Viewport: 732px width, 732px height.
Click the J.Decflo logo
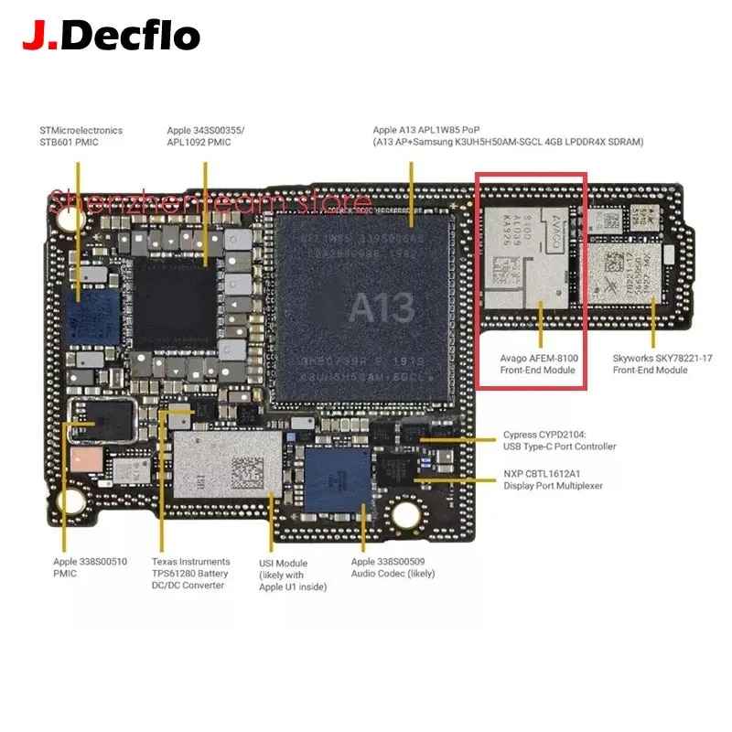pyautogui.click(x=111, y=36)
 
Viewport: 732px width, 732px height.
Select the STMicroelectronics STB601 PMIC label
pyautogui.click(x=81, y=136)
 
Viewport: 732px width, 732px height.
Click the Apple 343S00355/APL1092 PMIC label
pyautogui.click(x=205, y=136)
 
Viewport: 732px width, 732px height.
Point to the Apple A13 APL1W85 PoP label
pyautogui.click(x=508, y=136)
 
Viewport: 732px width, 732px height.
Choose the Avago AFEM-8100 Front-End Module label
pyautogui.click(x=537, y=364)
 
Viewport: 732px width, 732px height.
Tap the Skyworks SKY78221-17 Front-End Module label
pyautogui.click(x=650, y=364)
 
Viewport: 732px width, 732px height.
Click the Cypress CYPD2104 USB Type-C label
pyautogui.click(x=559, y=441)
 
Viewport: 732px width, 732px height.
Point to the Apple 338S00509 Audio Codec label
pyautogui.click(x=393, y=567)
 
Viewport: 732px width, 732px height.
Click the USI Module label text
pyautogui.click(x=292, y=575)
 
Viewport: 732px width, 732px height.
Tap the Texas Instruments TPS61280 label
pyautogui.click(x=189, y=574)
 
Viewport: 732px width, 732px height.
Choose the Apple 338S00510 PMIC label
pyautogui.click(x=77, y=567)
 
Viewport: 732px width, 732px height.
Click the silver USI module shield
pyautogui.click(x=226, y=466)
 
